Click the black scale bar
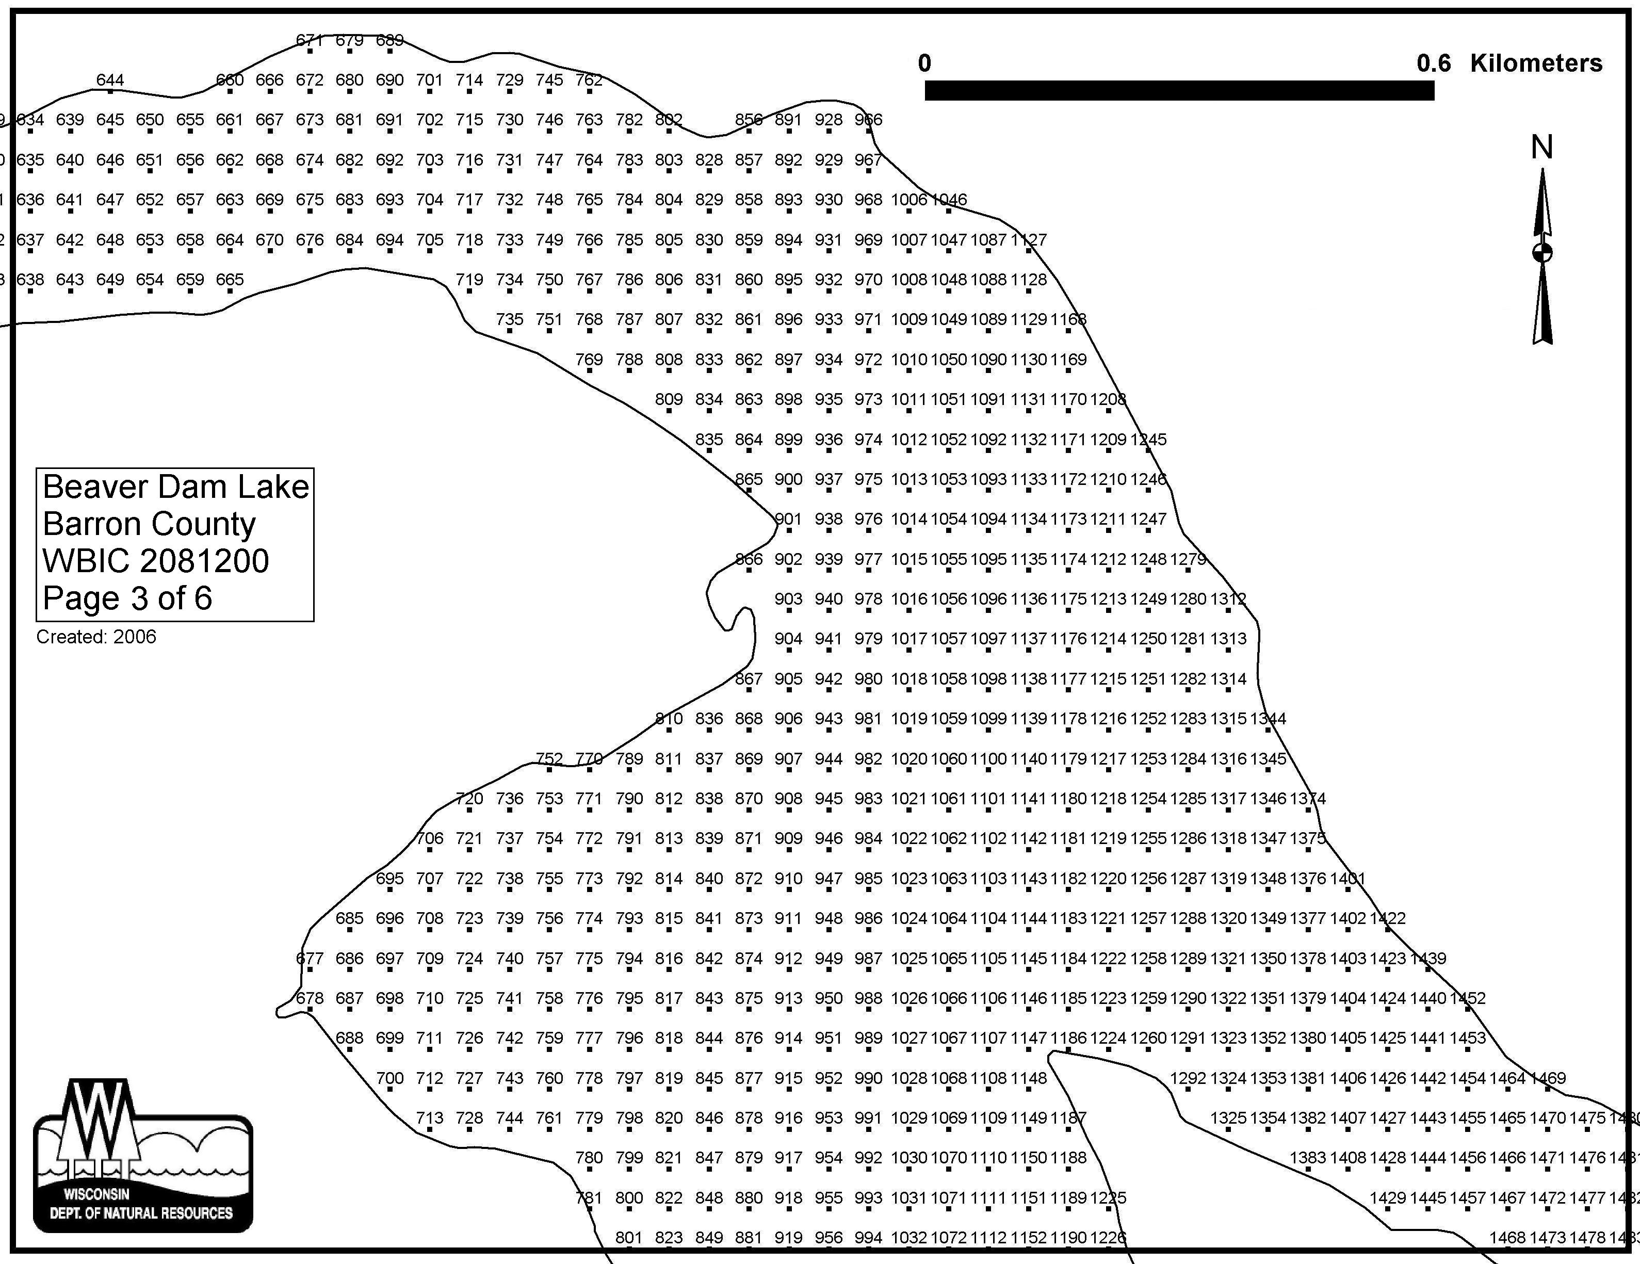coord(1179,91)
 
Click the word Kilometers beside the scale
coord(1536,63)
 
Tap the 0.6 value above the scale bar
coord(1434,63)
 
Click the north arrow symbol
coord(1542,255)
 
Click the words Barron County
coord(149,524)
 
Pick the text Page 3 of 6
coord(127,598)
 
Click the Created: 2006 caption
coord(96,637)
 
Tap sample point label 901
coord(788,519)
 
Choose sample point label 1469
coord(1548,1078)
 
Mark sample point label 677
coord(310,959)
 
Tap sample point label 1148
coord(1028,1078)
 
